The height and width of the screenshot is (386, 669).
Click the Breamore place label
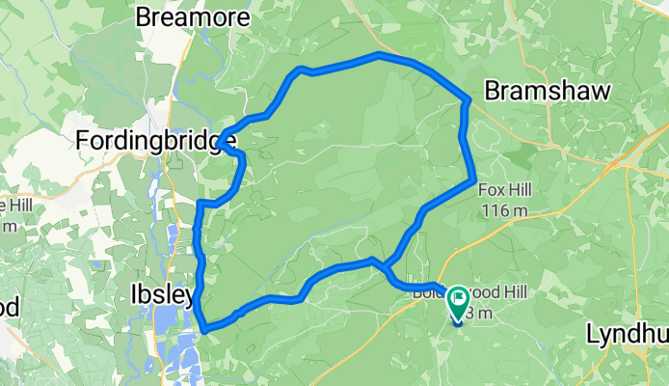tap(194, 17)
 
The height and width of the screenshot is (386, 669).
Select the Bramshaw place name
tap(547, 90)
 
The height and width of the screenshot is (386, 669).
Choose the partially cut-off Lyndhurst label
tap(627, 334)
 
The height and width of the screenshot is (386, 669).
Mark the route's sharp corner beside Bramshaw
tap(468, 99)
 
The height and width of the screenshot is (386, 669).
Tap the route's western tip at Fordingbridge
tap(220, 142)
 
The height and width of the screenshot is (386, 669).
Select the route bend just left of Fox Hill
tap(472, 179)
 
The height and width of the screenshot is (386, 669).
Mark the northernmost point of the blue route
tap(379, 56)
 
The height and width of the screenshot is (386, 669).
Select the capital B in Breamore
tap(145, 17)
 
